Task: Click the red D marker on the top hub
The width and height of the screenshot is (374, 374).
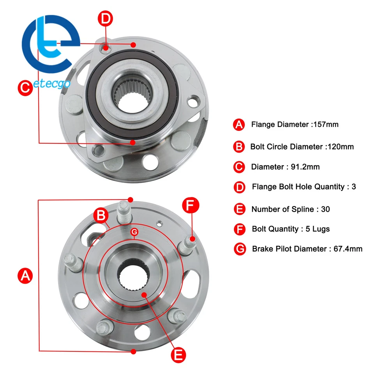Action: [x=105, y=18]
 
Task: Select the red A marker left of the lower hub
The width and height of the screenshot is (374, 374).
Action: [x=25, y=276]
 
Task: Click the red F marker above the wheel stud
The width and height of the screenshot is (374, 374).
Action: [x=191, y=205]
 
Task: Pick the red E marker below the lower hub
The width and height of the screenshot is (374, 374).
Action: [x=178, y=354]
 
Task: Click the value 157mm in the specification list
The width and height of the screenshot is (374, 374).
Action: [x=326, y=125]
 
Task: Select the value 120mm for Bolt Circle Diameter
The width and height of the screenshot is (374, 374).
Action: [x=340, y=147]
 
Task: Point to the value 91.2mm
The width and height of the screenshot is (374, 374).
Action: [x=305, y=167]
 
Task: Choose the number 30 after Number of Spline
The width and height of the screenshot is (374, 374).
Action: [x=325, y=209]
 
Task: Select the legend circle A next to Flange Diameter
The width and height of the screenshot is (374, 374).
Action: [x=239, y=125]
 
